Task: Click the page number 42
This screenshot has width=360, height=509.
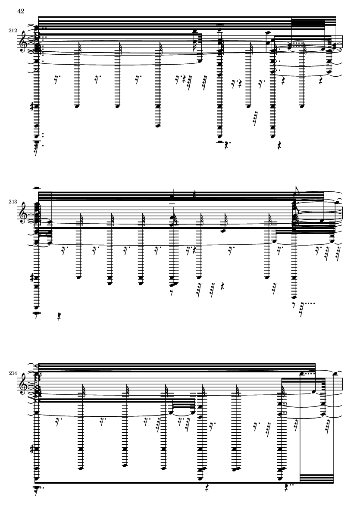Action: pos(21,11)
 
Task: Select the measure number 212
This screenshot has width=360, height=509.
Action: pos(13,31)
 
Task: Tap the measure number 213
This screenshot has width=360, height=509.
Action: pos(13,202)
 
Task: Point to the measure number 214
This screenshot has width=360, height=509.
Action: pos(13,373)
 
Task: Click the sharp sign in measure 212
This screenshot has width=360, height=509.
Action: pos(32,106)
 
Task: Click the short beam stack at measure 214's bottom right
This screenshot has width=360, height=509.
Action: pos(316,479)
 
